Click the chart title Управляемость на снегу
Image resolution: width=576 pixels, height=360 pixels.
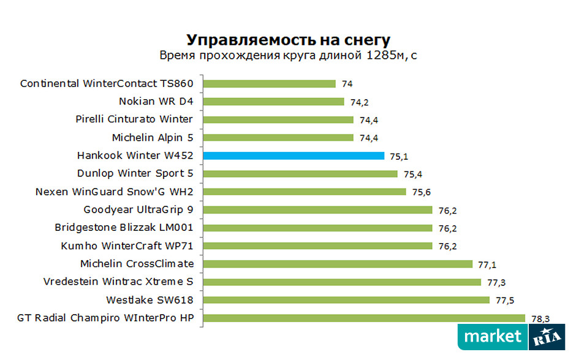coord(288,40)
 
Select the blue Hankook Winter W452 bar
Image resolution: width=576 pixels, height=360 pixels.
coord(294,156)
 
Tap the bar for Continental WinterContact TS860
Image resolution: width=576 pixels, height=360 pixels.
coord(269,84)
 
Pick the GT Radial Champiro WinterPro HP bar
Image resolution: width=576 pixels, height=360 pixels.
coord(364,318)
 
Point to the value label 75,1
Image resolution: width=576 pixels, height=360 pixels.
coord(399,156)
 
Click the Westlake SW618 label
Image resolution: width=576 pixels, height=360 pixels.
coord(150,300)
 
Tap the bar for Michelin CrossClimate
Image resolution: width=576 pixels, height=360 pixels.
coord(338,264)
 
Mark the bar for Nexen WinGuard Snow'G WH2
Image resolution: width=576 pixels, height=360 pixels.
coord(304,192)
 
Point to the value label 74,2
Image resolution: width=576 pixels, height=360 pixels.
coord(359,102)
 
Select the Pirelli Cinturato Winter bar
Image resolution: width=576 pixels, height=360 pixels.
coord(278,119)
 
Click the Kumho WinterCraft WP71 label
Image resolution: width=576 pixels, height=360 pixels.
coord(127,246)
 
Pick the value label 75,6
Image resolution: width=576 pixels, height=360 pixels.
coord(421,192)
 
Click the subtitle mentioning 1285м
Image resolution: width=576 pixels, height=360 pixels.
coord(288,56)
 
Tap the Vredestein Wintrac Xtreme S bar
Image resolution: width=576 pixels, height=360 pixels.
coord(341,282)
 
